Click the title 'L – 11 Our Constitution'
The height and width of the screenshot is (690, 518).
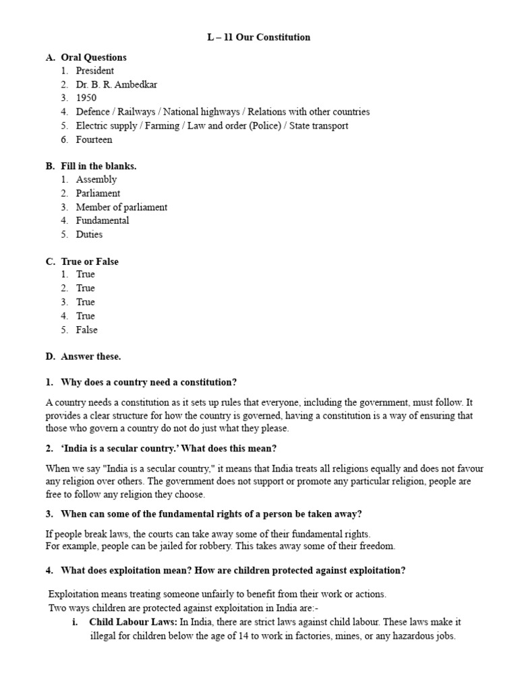(258, 37)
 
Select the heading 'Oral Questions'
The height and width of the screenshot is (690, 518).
(94, 57)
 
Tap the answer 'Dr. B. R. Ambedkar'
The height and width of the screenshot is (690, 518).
(117, 85)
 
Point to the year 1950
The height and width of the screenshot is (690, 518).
(86, 98)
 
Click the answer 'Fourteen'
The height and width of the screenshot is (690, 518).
(94, 140)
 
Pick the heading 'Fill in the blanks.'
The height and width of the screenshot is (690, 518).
(98, 166)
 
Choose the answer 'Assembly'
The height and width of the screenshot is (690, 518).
(96, 180)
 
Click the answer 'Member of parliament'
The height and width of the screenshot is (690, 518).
(121, 208)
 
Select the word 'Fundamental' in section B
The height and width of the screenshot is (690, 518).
(103, 221)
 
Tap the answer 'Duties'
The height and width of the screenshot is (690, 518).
(90, 235)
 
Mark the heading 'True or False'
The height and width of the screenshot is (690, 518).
(90, 261)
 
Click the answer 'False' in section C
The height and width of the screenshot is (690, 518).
(87, 330)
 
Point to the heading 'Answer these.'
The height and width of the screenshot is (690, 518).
(91, 356)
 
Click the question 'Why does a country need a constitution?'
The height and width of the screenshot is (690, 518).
(149, 382)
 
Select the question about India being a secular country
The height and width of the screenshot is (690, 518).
(169, 448)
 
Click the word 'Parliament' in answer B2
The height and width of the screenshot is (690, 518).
(98, 193)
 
